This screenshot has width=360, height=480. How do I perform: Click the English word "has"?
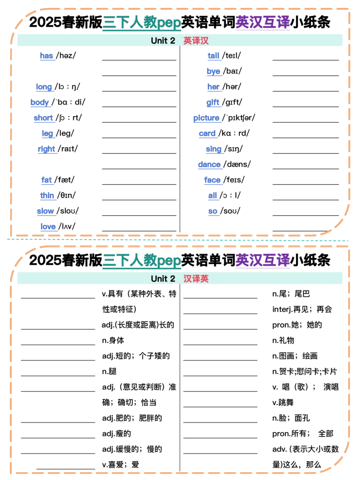(x=46, y=56)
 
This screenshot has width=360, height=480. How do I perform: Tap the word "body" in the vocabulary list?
(x=40, y=102)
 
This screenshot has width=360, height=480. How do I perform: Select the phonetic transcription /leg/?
(x=65, y=133)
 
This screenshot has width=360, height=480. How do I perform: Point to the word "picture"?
(x=206, y=118)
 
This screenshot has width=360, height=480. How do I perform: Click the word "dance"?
(x=209, y=164)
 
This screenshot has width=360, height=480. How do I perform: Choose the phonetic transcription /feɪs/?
(x=234, y=180)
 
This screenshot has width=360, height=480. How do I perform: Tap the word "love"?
(x=48, y=226)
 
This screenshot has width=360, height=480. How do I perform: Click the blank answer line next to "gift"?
(x=306, y=107)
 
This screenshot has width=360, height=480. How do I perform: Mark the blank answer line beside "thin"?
(x=139, y=200)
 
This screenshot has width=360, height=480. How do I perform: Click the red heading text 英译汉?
(x=196, y=41)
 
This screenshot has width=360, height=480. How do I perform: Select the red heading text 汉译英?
(x=196, y=279)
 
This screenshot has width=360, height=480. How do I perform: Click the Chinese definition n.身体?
(x=113, y=340)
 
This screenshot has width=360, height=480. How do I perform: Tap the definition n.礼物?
(x=283, y=340)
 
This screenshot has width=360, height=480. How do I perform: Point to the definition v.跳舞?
(x=283, y=403)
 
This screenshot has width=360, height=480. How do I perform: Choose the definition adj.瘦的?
(x=117, y=434)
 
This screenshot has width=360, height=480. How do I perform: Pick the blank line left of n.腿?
(x=58, y=376)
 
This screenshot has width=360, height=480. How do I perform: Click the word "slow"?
(x=45, y=211)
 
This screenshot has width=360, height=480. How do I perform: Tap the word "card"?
(x=207, y=133)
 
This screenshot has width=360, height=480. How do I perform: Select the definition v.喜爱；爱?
(x=121, y=465)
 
